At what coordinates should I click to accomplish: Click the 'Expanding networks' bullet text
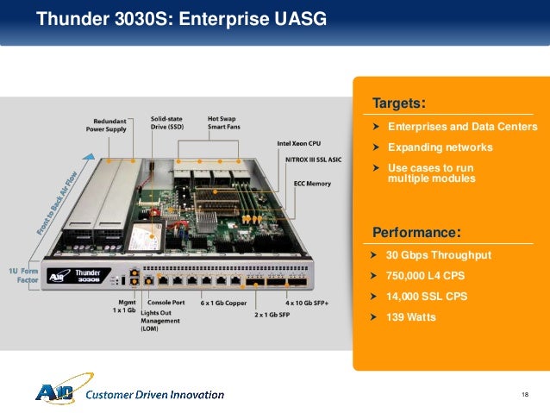(x=440, y=147)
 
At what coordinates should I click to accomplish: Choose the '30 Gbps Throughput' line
(x=438, y=256)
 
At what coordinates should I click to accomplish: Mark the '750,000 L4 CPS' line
(x=428, y=276)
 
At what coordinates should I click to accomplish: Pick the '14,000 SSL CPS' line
(x=427, y=297)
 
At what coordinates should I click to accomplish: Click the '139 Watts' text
(x=411, y=317)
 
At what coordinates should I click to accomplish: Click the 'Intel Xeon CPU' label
(x=299, y=143)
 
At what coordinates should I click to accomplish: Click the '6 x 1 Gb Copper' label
(x=222, y=303)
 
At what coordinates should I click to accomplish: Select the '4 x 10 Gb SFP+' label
(x=308, y=303)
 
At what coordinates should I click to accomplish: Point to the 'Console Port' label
(x=164, y=303)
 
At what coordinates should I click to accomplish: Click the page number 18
(x=525, y=394)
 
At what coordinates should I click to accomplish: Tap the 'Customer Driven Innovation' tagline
(x=156, y=395)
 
